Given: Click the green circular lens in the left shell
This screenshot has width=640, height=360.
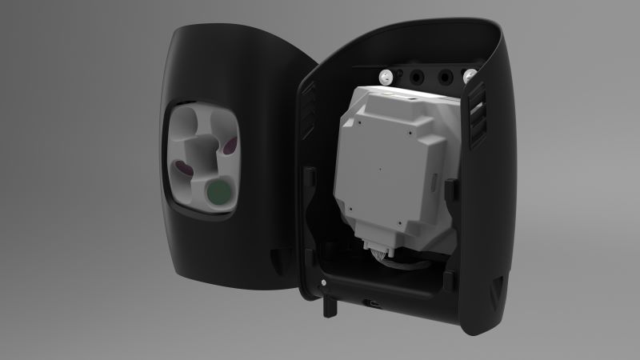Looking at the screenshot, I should coord(217,193).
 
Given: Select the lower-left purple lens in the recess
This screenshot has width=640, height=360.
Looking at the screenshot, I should coord(183,168).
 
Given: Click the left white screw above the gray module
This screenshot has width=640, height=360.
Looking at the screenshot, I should coord(386,77).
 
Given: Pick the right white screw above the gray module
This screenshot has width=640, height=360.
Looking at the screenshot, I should coord(470,78).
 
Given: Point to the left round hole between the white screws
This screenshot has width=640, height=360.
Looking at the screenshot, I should coord(415,78).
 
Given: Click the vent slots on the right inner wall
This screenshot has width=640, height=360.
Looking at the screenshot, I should coord(478,119).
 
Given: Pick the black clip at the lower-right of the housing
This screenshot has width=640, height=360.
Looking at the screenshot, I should coord(448,279).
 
